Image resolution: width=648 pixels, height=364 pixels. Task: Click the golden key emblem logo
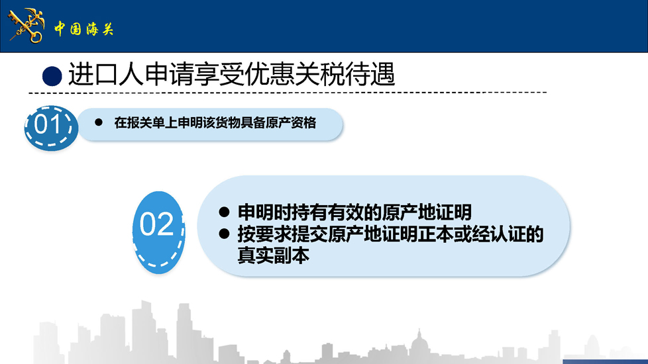27,26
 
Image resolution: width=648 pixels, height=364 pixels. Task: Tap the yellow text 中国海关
84,29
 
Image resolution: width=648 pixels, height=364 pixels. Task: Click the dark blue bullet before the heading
52,76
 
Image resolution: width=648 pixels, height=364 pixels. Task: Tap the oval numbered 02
159,232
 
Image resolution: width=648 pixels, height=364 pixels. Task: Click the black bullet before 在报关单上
99,122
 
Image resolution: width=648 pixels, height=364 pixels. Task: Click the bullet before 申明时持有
224,212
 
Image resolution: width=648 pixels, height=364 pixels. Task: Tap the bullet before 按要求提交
224,234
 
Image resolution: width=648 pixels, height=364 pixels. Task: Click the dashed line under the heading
288,93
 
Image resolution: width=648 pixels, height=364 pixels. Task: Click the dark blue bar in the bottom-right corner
605,361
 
